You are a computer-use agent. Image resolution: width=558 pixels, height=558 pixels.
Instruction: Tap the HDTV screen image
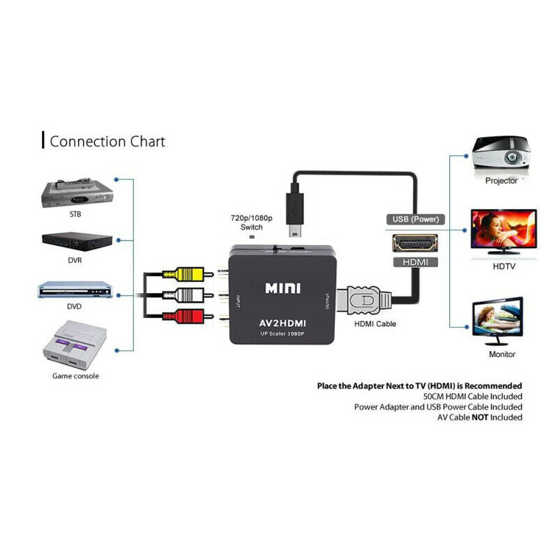(x=503, y=232)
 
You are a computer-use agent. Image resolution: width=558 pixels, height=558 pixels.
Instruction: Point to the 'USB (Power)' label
(x=415, y=219)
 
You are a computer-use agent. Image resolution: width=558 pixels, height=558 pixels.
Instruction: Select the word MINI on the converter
(x=284, y=287)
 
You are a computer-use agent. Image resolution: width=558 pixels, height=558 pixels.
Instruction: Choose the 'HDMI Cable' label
(x=375, y=324)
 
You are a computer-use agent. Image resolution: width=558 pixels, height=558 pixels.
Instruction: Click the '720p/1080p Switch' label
(x=251, y=223)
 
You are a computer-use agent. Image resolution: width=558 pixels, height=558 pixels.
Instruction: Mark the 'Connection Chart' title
(x=107, y=142)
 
